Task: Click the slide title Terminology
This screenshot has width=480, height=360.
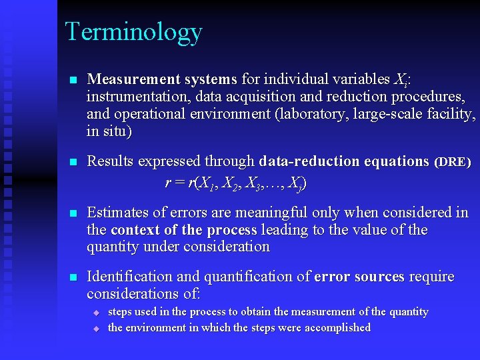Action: [x=133, y=32]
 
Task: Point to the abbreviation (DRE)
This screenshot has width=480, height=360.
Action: [x=453, y=162]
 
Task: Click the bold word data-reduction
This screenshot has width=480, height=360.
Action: [x=309, y=161]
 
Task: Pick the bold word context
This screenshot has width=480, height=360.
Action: [x=136, y=230]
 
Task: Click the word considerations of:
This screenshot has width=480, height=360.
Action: [x=143, y=294]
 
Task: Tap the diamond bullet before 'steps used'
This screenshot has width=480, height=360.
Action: [x=96, y=313]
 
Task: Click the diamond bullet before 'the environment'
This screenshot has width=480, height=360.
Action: [x=96, y=328]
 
